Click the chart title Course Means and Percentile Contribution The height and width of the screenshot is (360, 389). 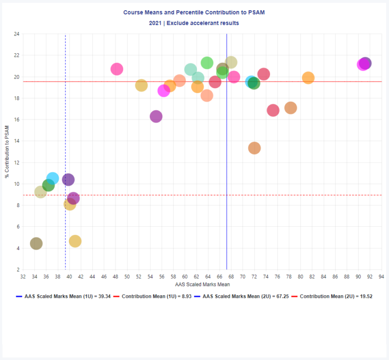pyautogui.click(x=194, y=12)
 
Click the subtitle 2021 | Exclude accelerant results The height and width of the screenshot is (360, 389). pyautogui.click(x=194, y=23)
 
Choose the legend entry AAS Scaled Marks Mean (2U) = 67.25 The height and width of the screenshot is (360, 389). pyautogui.click(x=248, y=297)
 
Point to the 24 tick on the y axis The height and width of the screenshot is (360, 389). pyautogui.click(x=16, y=34)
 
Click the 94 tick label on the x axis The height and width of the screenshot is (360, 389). pyautogui.click(x=381, y=277)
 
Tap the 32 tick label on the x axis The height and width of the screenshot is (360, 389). pyautogui.click(x=23, y=277)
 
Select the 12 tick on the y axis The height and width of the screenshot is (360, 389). pyautogui.click(x=16, y=163)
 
